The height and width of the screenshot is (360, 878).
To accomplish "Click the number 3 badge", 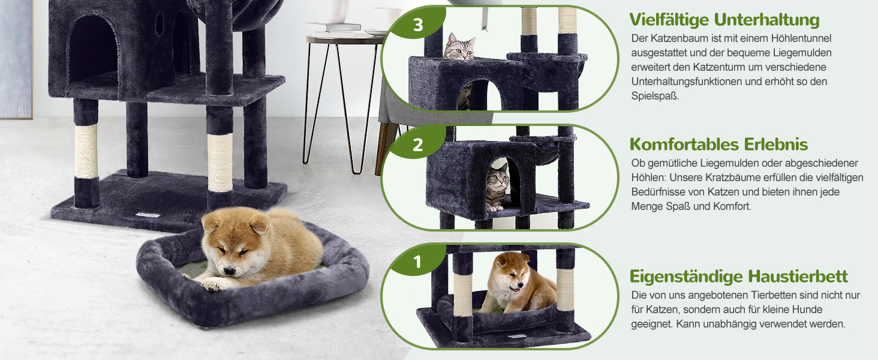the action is coord(418,25).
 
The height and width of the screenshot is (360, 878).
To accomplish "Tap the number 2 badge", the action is coord(418,145).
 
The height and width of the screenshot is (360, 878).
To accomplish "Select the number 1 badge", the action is coord(418,262).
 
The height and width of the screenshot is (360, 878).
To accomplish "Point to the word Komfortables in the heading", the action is coord(684,145).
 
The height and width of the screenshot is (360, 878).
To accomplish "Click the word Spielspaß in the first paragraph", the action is coord(655,96).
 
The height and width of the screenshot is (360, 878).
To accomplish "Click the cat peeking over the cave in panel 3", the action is coord(460,47).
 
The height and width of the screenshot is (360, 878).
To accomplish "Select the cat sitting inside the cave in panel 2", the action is coord(497,187).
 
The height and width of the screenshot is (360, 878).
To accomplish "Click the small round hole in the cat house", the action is coord(159,23).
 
